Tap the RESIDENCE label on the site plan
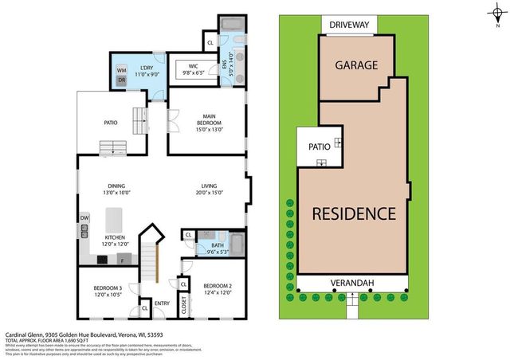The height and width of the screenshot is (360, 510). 353,213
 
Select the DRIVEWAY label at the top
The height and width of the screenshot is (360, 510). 351,25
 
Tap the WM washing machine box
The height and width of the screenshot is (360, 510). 122,69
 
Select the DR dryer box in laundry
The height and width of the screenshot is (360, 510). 122,80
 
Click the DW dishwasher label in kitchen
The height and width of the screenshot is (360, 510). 84,217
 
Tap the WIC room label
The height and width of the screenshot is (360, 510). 194,66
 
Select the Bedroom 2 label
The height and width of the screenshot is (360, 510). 217,286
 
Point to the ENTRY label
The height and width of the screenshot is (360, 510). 163,302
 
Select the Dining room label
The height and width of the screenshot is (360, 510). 116,187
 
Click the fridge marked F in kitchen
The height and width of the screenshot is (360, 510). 122,260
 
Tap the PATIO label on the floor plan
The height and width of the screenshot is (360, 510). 111,123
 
